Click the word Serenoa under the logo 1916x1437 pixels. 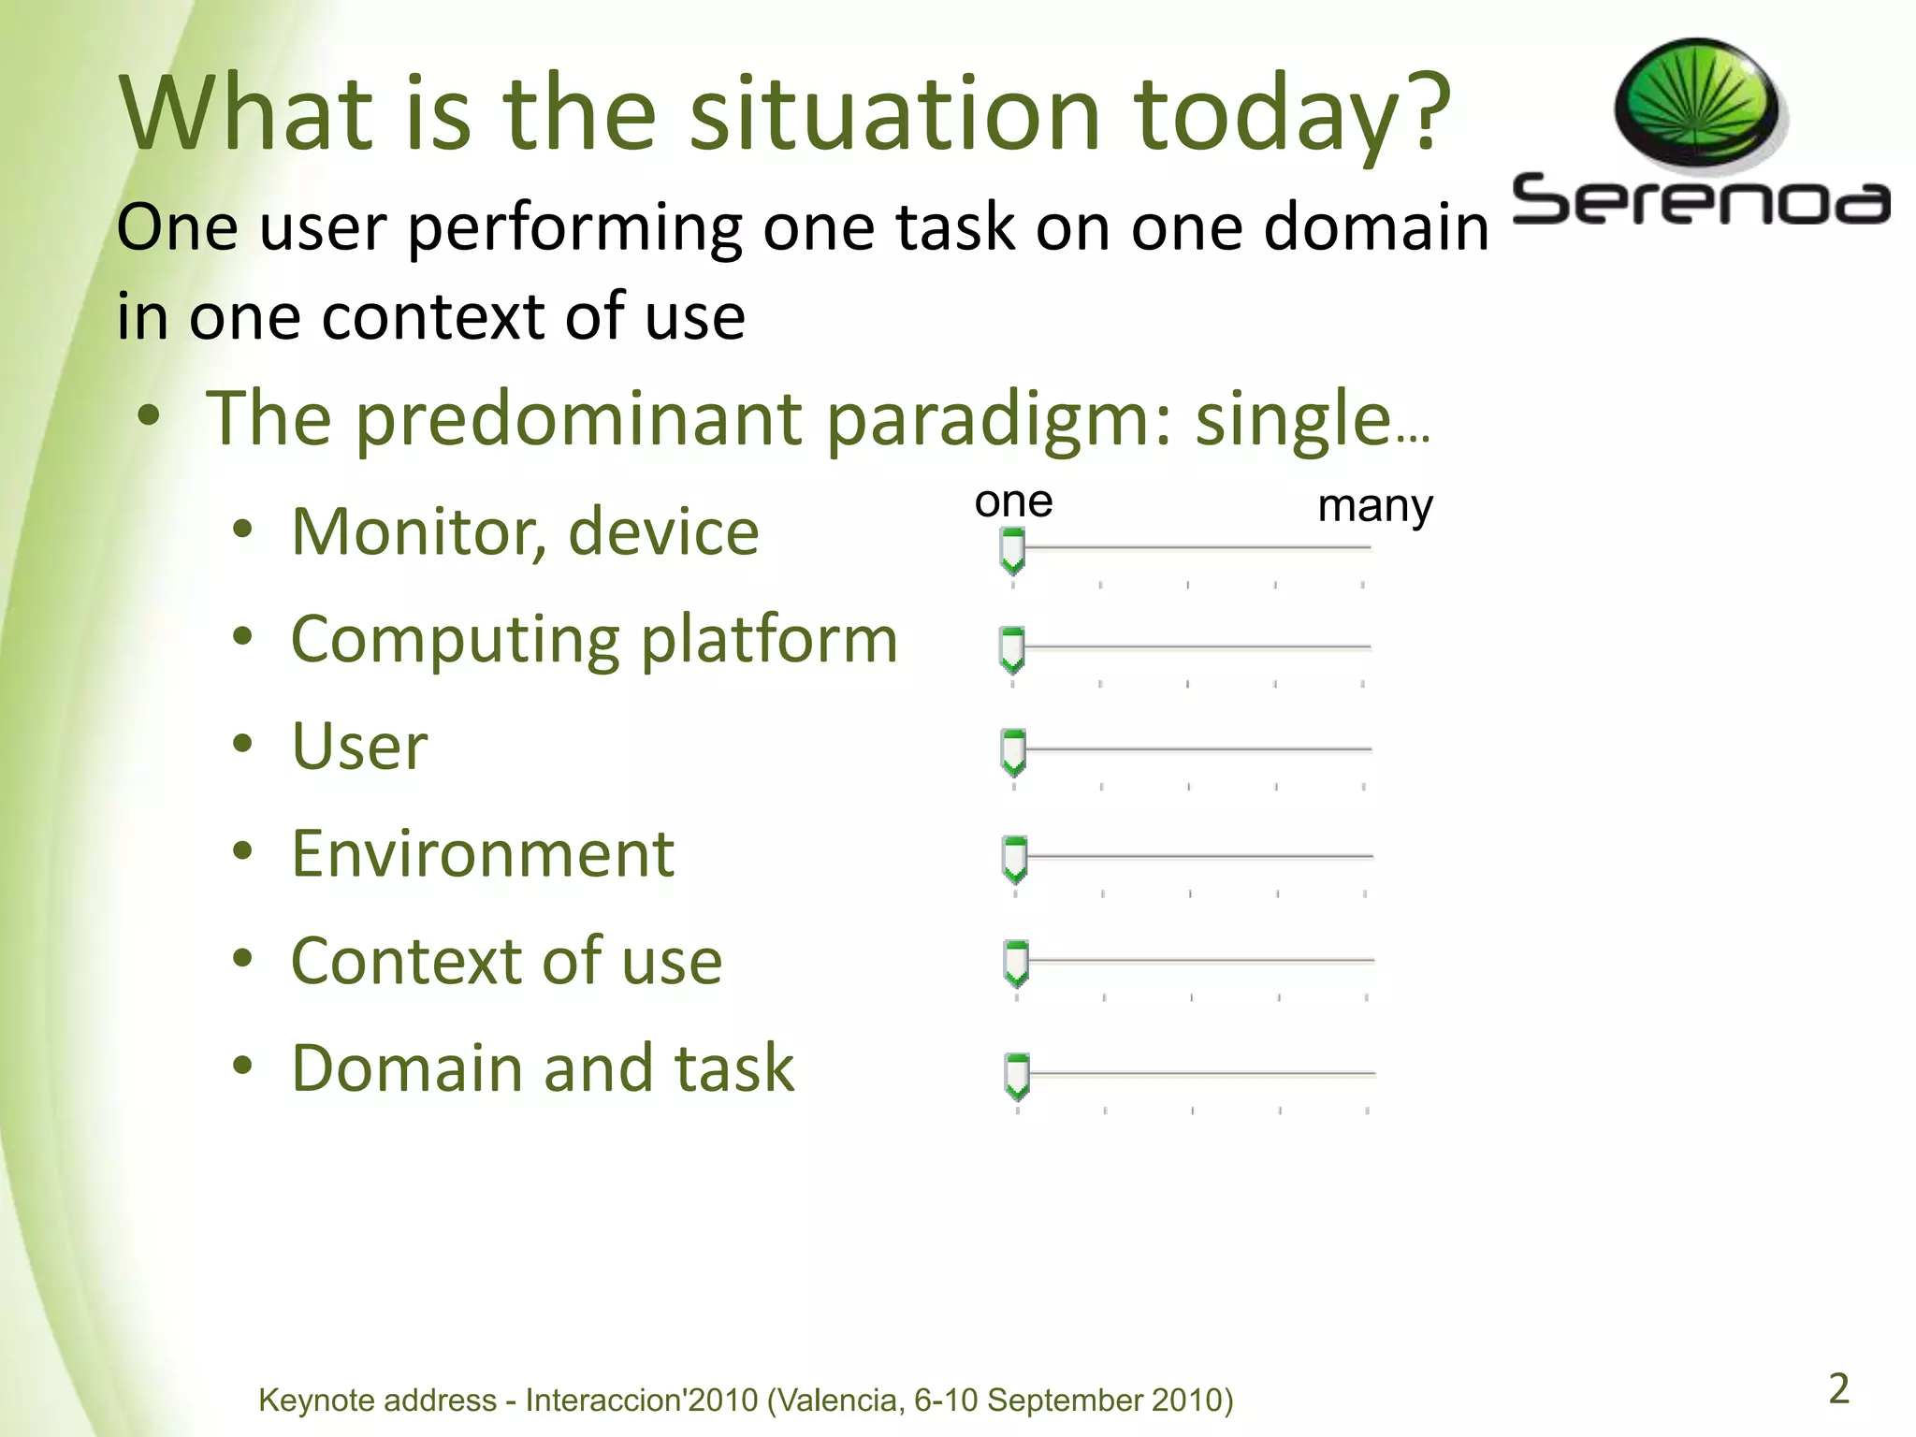click(1700, 201)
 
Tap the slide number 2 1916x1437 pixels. click(1838, 1388)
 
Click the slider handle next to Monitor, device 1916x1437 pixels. click(1012, 550)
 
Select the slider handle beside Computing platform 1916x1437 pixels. click(1012, 649)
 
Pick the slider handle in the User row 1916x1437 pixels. click(1013, 751)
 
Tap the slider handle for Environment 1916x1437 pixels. click(1014, 859)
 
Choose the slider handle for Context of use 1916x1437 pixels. click(1015, 964)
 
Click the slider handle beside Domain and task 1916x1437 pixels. click(1016, 1076)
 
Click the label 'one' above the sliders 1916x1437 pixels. click(1013, 502)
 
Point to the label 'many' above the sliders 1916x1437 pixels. click(1374, 506)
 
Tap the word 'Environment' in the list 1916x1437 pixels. click(483, 854)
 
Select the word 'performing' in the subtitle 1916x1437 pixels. click(575, 227)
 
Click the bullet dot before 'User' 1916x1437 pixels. click(243, 746)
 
